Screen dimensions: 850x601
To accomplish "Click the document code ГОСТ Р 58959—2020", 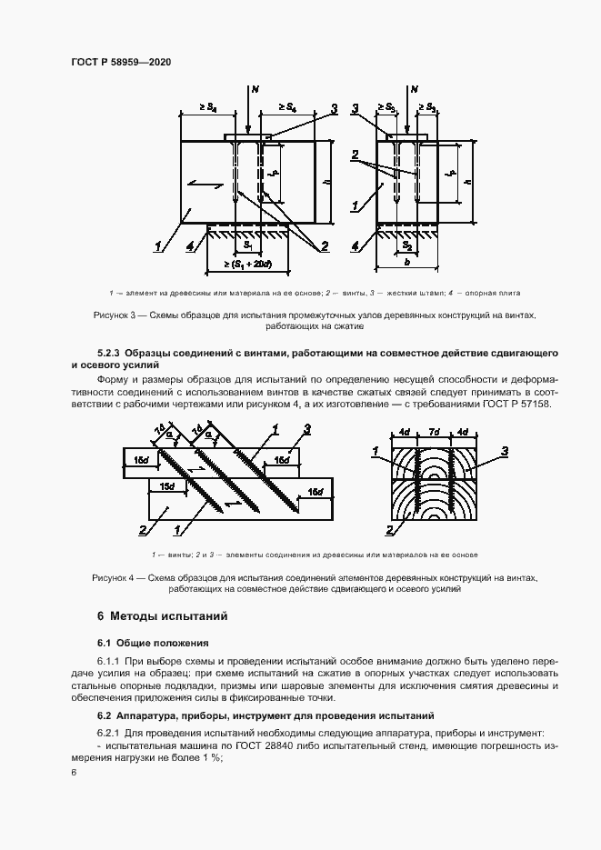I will pyautogui.click(x=121, y=62).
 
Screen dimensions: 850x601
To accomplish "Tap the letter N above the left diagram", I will pyautogui.click(x=255, y=89).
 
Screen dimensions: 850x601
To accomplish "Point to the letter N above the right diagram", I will pyautogui.click(x=415, y=89).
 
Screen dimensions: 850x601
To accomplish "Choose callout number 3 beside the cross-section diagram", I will pyautogui.click(x=505, y=450).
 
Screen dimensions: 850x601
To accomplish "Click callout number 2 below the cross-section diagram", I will pyautogui.click(x=389, y=530).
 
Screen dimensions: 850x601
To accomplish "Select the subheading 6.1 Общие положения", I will pyautogui.click(x=153, y=643).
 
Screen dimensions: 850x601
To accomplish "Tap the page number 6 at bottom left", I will pyautogui.click(x=73, y=772).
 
